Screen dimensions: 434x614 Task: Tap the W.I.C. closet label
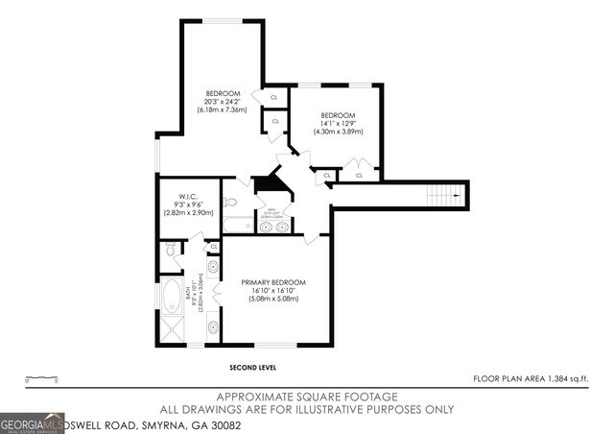click(x=187, y=196)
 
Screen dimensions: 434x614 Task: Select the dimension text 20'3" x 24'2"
click(x=222, y=102)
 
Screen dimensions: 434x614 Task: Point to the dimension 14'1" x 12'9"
click(x=338, y=123)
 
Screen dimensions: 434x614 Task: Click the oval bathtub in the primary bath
click(x=173, y=293)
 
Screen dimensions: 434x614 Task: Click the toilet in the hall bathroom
click(x=231, y=203)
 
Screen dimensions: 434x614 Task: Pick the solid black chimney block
click(x=269, y=182)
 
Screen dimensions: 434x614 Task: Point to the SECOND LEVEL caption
click(x=253, y=368)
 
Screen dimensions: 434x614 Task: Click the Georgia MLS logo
click(x=33, y=422)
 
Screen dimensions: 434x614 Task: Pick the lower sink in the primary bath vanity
click(x=212, y=328)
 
